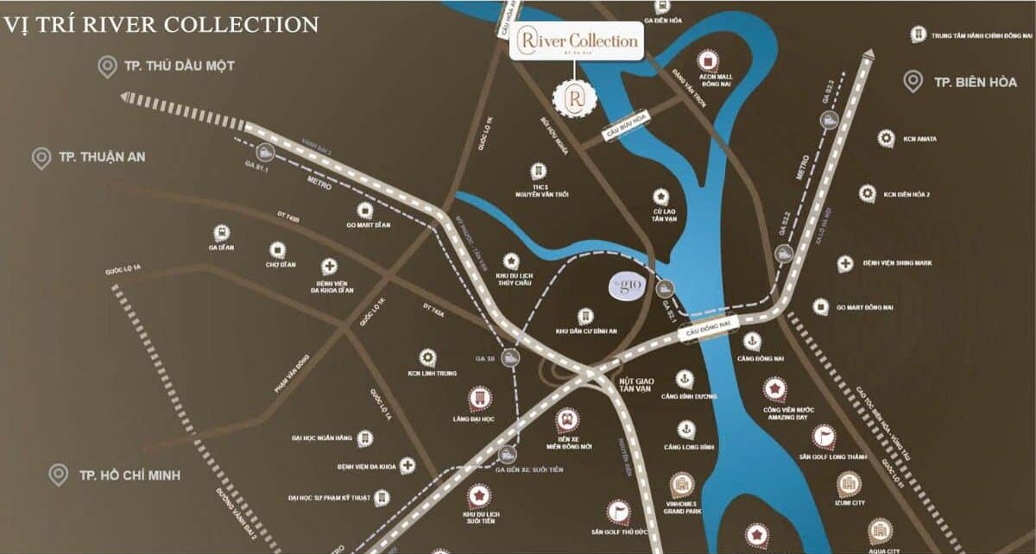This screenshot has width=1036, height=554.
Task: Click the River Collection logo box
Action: coord(576,40)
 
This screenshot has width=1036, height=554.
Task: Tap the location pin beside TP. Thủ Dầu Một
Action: coord(108,66)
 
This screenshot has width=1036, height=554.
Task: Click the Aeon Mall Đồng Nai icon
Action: coord(708,60)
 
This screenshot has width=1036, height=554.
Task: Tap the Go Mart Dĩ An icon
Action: coord(365,210)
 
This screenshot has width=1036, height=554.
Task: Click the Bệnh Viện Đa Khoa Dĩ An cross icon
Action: coord(329,267)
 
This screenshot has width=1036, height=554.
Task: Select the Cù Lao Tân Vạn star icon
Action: coord(661,196)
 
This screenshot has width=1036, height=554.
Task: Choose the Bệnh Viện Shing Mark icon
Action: coord(845,263)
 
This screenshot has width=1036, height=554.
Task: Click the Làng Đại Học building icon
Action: coord(478,398)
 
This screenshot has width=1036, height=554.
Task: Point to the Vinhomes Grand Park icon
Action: coord(681,484)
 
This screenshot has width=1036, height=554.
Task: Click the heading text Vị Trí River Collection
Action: coord(161,24)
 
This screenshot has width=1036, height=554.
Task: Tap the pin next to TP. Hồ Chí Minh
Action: coord(59,475)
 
